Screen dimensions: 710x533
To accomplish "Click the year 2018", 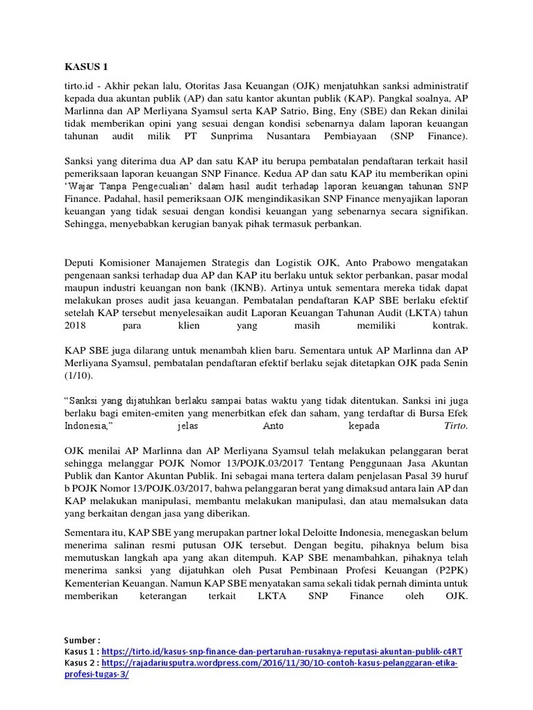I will (76, 324).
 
